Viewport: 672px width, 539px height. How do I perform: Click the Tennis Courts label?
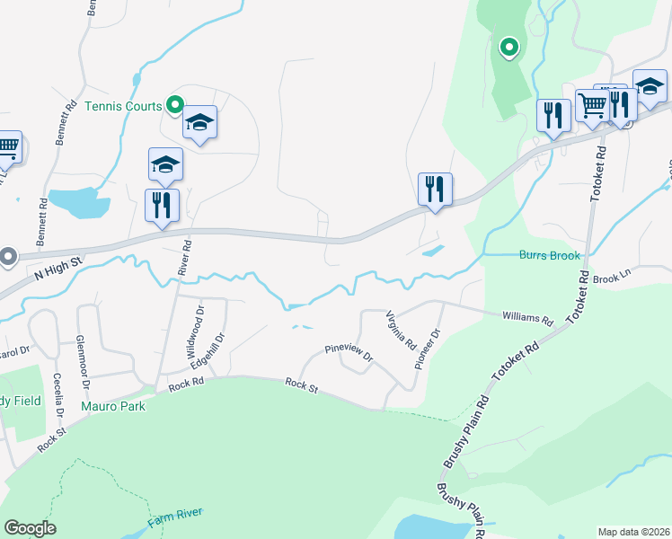pyautogui.click(x=122, y=106)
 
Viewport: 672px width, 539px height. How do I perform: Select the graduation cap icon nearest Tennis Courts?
pyautogui.click(x=200, y=123)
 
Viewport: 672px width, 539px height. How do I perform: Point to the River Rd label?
pyautogui.click(x=186, y=257)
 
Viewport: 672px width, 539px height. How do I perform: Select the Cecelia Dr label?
pyautogui.click(x=58, y=396)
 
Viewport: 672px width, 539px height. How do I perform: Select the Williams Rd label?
pyautogui.click(x=527, y=318)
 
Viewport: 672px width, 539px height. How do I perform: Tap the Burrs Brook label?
pyautogui.click(x=550, y=255)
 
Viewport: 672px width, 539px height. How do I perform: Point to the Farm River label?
pyautogui.click(x=175, y=517)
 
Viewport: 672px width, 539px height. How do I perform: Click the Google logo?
pyautogui.click(x=30, y=528)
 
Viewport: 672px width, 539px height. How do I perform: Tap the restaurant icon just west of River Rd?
pyautogui.click(x=162, y=205)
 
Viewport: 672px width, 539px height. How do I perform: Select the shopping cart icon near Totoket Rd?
pyautogui.click(x=592, y=105)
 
